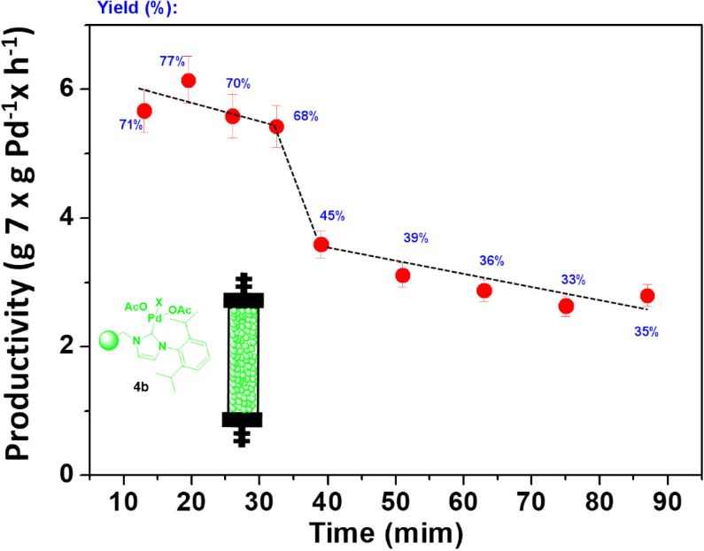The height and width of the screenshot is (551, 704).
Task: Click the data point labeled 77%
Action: [188, 81]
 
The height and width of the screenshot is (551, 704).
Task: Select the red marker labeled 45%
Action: [321, 244]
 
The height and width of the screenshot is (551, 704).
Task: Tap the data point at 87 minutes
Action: [647, 296]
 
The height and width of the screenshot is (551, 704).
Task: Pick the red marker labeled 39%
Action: [403, 275]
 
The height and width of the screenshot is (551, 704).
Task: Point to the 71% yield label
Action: [130, 125]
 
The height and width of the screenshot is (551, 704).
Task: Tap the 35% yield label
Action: [647, 332]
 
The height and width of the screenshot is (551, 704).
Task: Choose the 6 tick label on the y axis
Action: [67, 89]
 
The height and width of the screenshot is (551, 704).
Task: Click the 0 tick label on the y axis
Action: [67, 475]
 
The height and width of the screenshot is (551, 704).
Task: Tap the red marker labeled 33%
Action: [566, 307]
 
